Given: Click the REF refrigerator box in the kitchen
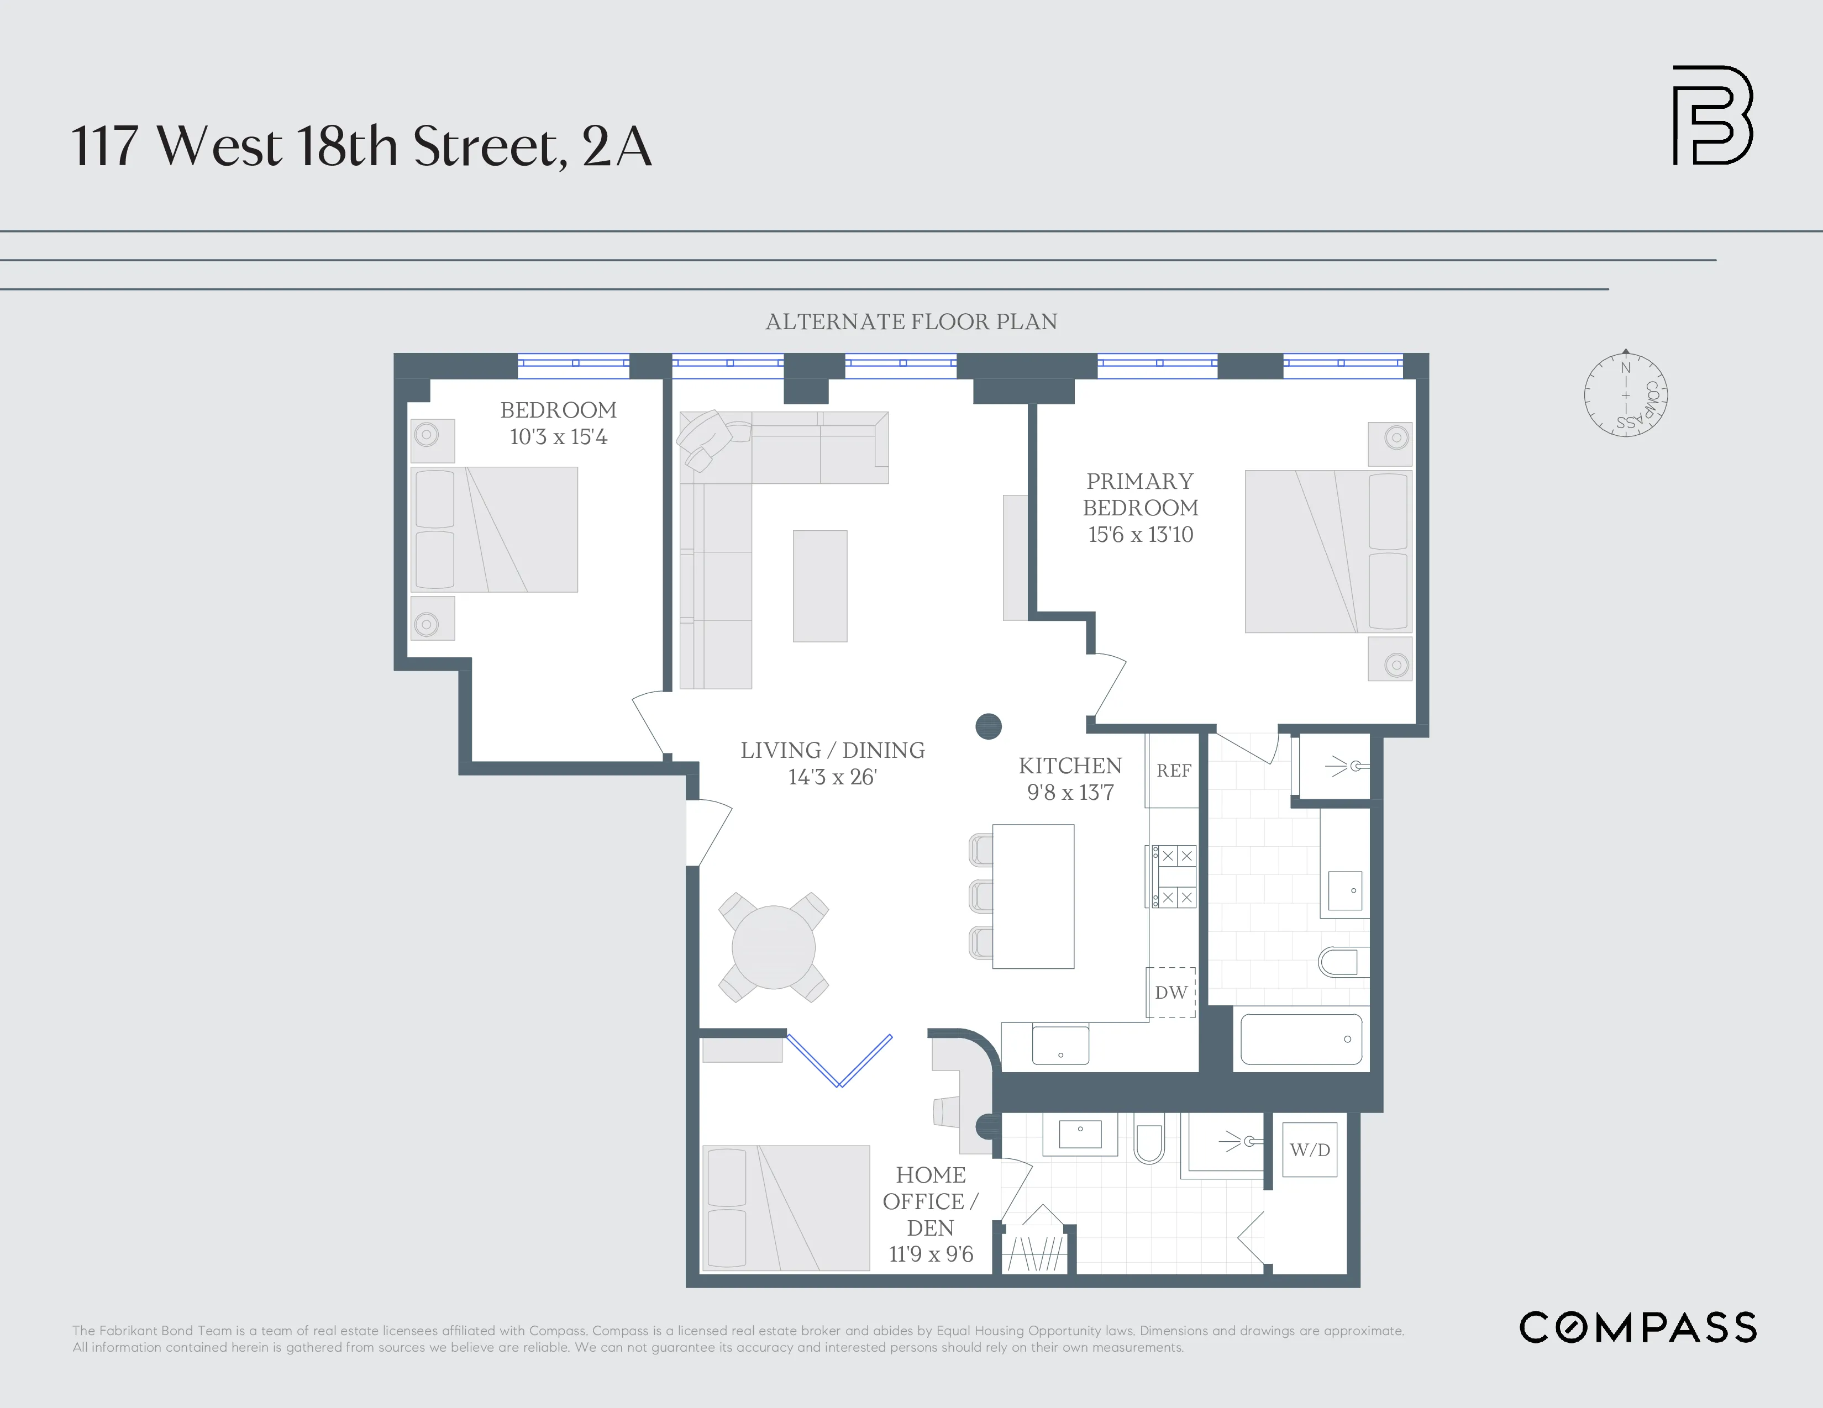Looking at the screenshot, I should [1173, 771].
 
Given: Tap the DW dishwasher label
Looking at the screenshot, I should [1171, 993].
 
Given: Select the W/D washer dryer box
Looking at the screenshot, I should [1310, 1149].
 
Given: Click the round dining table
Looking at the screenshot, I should [774, 947].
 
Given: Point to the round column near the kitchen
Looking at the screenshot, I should [988, 726].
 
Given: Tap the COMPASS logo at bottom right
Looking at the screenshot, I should [1638, 1327].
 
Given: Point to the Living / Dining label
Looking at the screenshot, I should [832, 750].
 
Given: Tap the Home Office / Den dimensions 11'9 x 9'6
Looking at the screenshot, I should [931, 1254].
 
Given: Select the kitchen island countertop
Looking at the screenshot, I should [1033, 897].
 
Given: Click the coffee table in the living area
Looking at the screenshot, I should [819, 586].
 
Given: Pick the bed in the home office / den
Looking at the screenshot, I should [786, 1207].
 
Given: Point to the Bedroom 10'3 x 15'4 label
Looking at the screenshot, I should [559, 423].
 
